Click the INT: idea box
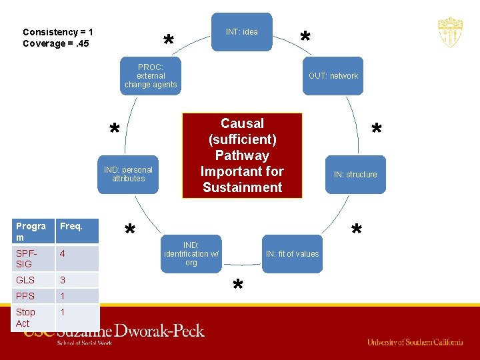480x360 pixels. tap(242, 31)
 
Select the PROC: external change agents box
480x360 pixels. tap(151, 76)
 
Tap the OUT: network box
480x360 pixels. tap(333, 76)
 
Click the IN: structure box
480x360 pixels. tap(355, 175)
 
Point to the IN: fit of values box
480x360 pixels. tap(292, 253)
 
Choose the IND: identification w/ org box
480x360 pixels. tap(191, 254)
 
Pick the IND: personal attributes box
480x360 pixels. tap(128, 174)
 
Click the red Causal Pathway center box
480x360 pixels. tap(242, 155)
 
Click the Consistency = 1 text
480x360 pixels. tap(58, 32)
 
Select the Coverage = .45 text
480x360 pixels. tap(56, 44)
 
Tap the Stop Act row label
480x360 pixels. tap(27, 317)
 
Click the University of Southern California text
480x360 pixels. tap(415, 342)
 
